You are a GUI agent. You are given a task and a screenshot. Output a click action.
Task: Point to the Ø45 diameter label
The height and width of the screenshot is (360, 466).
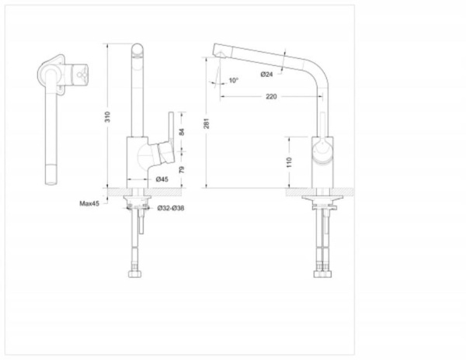(163, 180)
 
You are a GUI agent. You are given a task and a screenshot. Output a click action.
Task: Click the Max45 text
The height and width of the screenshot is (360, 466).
(89, 204)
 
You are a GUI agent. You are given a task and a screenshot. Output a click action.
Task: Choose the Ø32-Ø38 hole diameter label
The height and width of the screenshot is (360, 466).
(171, 208)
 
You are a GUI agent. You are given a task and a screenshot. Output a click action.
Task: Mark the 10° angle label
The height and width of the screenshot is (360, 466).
(234, 81)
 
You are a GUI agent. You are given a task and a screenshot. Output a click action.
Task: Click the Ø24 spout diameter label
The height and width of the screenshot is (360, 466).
(266, 74)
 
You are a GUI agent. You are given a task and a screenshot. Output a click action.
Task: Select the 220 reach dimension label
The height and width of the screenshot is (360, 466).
(271, 97)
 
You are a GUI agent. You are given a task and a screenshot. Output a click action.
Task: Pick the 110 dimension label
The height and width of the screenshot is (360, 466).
(289, 163)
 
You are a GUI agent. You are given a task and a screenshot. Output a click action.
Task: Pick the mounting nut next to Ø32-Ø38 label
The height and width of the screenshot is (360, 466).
(137, 207)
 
